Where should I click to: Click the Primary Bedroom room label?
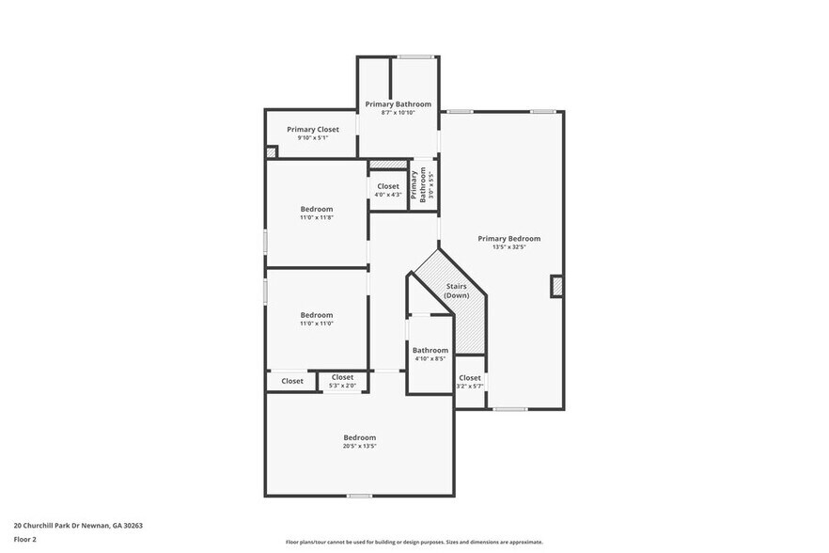coord(508,238)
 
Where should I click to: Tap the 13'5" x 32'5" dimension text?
coord(508,247)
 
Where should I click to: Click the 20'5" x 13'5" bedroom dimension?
coord(359,446)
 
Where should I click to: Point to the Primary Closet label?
coord(312,129)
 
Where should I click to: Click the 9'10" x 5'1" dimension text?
coord(312,138)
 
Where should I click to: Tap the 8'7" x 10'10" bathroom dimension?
coord(398,113)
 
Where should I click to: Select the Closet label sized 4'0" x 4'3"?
coord(388,186)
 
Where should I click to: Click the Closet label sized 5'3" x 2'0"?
coord(342,377)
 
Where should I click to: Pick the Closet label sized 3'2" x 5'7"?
coord(469,377)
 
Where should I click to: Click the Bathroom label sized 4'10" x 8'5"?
coord(430,350)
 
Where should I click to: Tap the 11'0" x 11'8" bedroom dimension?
coord(317,217)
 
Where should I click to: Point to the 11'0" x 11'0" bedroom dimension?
coord(317,324)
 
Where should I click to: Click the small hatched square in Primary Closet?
coord(272,151)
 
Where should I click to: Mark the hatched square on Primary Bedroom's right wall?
coord(556,286)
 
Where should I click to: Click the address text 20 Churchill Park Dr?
coord(78,525)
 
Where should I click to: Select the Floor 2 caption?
coord(24,540)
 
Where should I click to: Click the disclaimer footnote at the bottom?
coord(414,542)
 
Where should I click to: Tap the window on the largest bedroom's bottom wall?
coord(359,496)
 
